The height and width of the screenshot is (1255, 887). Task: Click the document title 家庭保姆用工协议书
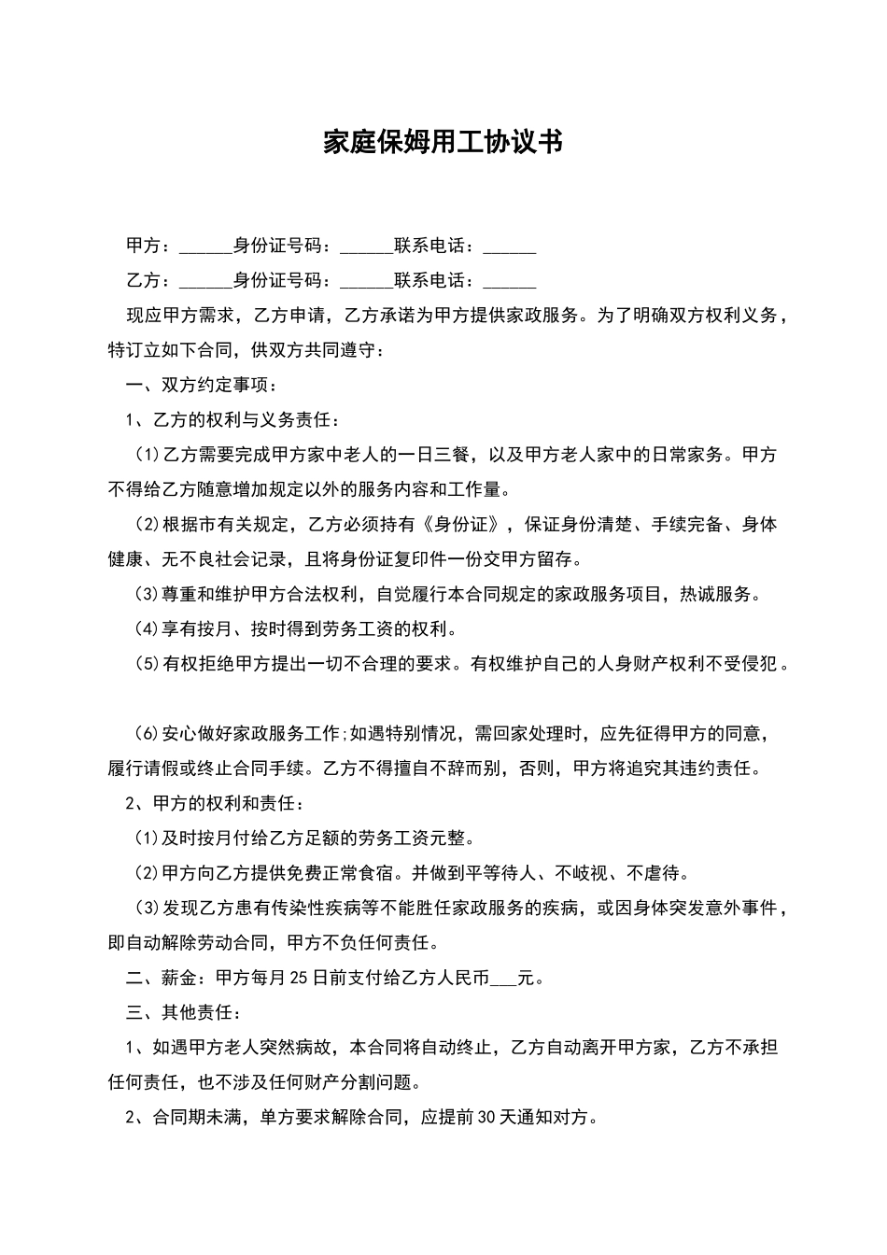point(443,143)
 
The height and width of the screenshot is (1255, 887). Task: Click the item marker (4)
point(148,630)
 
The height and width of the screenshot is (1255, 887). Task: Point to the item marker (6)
point(148,734)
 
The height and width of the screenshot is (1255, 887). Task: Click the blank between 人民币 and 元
point(503,980)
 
